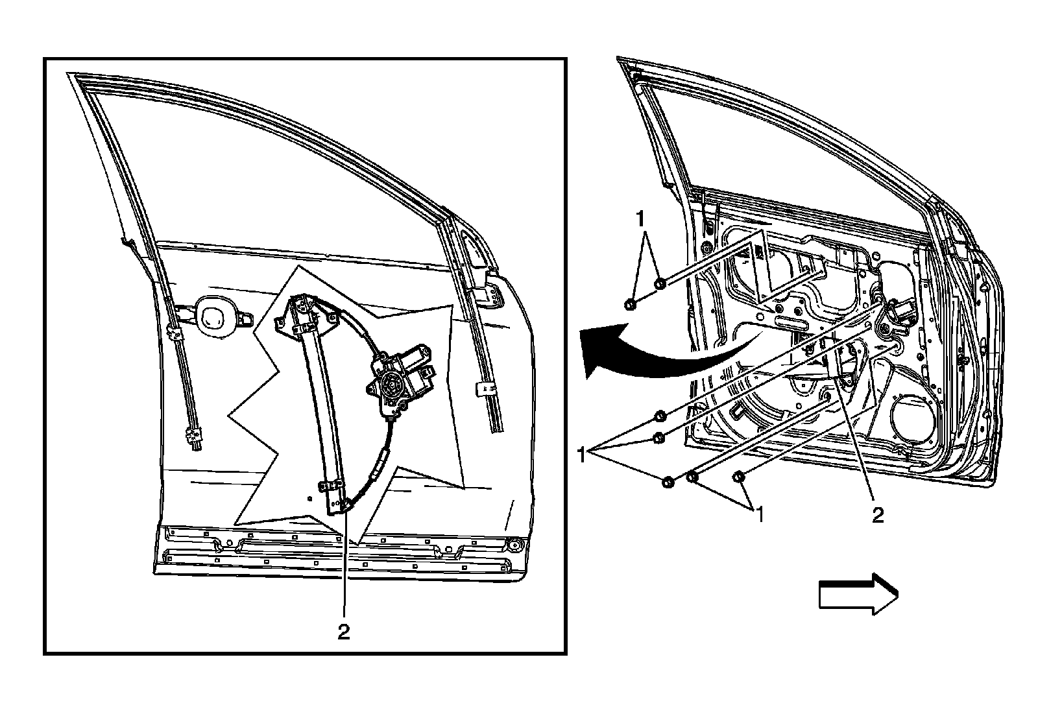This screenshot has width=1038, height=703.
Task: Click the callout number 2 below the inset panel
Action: (x=344, y=632)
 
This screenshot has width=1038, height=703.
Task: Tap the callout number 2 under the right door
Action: (x=877, y=515)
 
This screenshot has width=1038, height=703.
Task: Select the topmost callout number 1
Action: (x=642, y=219)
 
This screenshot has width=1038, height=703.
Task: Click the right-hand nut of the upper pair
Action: (x=660, y=283)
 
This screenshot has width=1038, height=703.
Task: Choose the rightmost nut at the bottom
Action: (x=739, y=477)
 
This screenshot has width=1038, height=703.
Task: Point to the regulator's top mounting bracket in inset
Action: (x=300, y=311)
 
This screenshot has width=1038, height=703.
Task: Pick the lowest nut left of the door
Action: (x=667, y=481)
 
